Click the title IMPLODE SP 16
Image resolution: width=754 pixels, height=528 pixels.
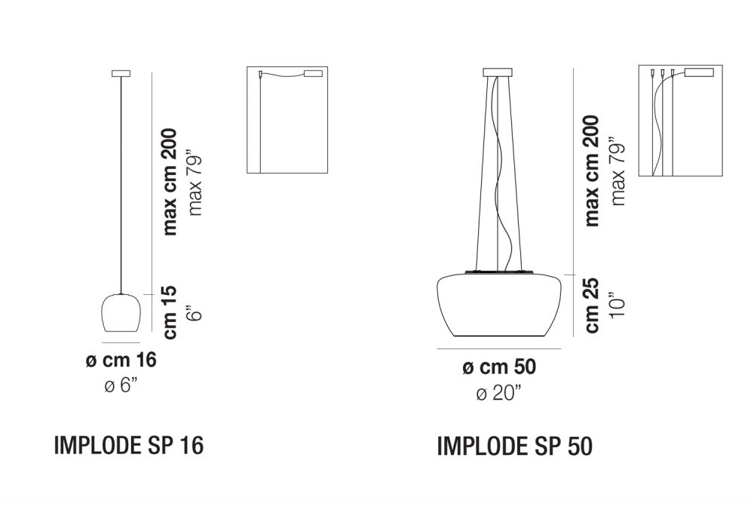tap(129, 446)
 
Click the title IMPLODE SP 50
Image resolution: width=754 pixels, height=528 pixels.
tap(515, 447)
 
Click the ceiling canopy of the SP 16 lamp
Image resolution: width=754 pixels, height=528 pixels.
tap(121, 73)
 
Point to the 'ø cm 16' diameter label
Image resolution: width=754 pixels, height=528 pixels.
tap(121, 361)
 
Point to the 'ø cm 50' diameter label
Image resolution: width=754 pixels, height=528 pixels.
tap(498, 367)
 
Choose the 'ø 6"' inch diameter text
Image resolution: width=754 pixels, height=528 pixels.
tap(121, 386)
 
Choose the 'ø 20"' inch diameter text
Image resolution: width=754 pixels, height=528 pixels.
tap(498, 393)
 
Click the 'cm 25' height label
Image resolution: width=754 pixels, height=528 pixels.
tap(592, 305)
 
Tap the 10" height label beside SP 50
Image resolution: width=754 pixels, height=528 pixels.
tap(618, 305)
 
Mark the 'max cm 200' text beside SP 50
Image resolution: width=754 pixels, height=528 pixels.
tap(592, 170)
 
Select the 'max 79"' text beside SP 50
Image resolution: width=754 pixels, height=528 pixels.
tap(619, 172)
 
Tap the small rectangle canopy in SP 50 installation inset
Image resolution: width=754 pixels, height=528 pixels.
tap(700, 73)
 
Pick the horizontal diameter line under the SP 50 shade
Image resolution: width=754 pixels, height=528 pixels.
tap(499, 349)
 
